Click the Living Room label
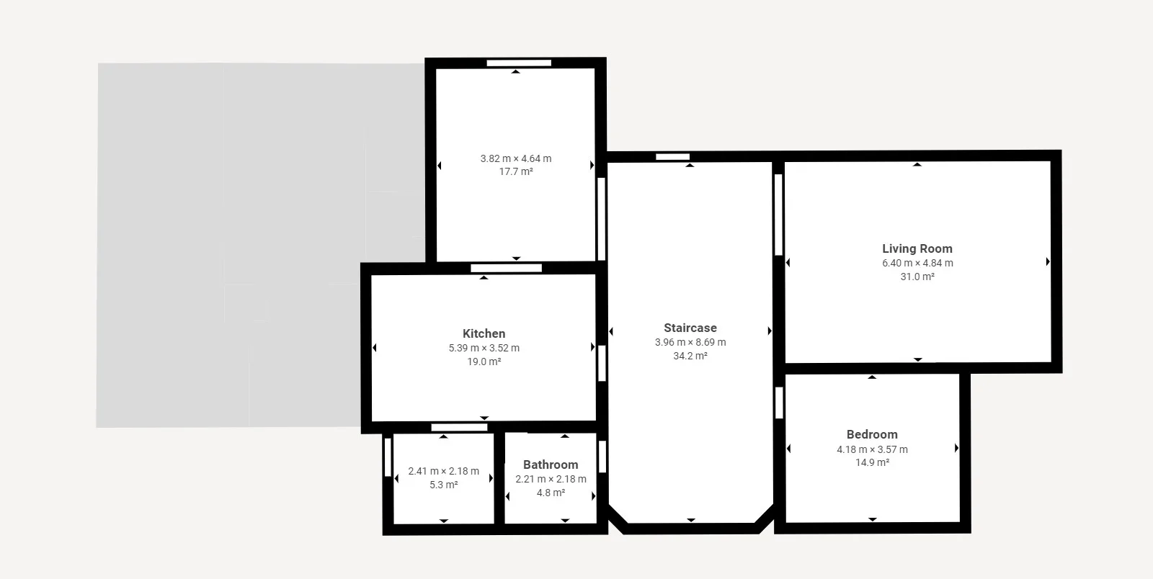tap(917, 249)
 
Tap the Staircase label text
tap(690, 328)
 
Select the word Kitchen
tap(484, 333)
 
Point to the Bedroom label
tap(872, 434)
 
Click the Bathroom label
tap(551, 464)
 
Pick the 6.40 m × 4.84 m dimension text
tap(917, 264)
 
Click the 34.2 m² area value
tap(690, 356)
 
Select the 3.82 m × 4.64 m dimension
tap(516, 159)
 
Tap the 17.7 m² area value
tap(516, 171)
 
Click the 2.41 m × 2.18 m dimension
tap(444, 472)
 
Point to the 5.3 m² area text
tap(444, 485)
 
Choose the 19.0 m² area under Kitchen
tap(484, 362)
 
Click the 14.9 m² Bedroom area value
tap(872, 463)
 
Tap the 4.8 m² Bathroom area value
tap(551, 493)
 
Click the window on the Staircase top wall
tap(673, 157)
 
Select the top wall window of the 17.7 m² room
tap(519, 63)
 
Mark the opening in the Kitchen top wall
tap(506, 269)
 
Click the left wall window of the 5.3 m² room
tap(388, 457)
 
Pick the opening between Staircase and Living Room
tap(779, 215)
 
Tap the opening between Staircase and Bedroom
tap(779, 403)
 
